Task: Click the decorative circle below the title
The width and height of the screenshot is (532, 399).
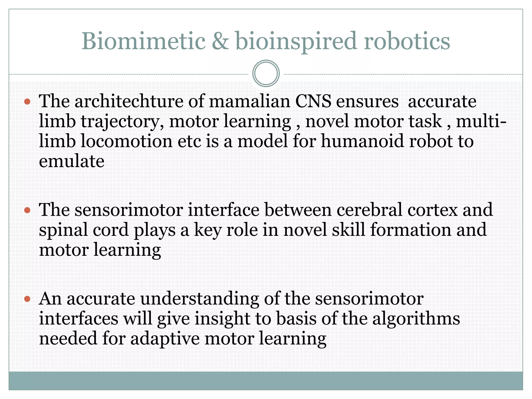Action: [266, 73]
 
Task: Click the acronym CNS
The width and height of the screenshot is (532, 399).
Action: [313, 101]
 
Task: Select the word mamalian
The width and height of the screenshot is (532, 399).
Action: [249, 101]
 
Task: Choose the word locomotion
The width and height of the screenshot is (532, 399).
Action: [126, 141]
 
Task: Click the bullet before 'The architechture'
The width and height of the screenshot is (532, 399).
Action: [27, 102]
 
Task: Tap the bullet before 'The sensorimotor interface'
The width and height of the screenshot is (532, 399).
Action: [27, 210]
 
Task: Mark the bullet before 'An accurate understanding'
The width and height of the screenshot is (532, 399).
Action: [27, 299]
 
